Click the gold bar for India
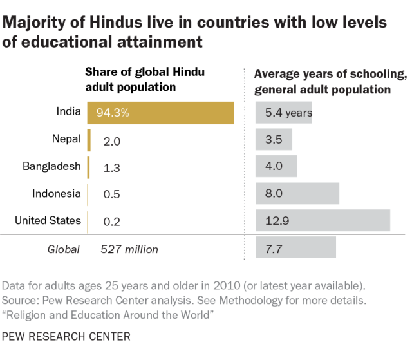point(161,112)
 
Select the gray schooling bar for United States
point(323,220)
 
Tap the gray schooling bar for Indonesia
point(297,193)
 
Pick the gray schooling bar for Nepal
point(274,139)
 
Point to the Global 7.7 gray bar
point(295,248)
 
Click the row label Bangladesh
point(51,166)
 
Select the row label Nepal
point(66,138)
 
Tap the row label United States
point(48,220)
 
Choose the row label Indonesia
point(57,193)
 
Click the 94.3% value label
point(113,113)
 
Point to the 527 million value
point(129,249)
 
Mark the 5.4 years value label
point(288,113)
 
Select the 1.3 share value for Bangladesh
point(112,167)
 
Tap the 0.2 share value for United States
point(112,221)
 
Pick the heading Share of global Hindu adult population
point(145,79)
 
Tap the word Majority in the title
point(33,23)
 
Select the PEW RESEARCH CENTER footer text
point(66,336)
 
